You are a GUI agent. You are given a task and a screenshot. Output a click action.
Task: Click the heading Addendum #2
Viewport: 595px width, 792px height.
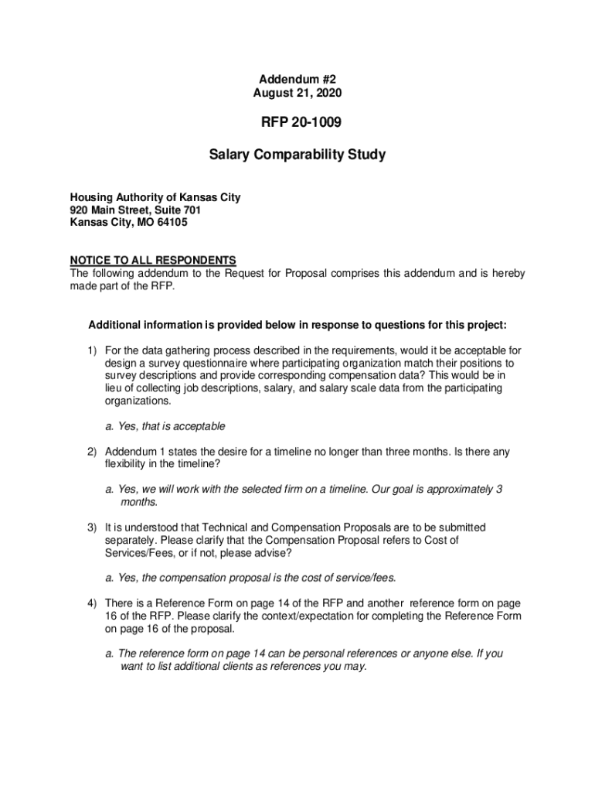[297, 79]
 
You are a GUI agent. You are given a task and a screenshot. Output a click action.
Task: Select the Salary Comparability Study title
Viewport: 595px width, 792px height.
[297, 155]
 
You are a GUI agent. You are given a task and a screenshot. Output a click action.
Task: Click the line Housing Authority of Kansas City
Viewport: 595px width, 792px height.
[155, 197]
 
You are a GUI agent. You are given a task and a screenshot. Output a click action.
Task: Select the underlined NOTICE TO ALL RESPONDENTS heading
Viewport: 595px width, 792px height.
[153, 260]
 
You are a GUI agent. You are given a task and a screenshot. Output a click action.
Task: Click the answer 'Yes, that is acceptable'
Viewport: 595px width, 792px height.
[165, 426]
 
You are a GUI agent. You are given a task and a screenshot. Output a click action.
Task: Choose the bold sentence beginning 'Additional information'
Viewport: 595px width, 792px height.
[297, 324]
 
